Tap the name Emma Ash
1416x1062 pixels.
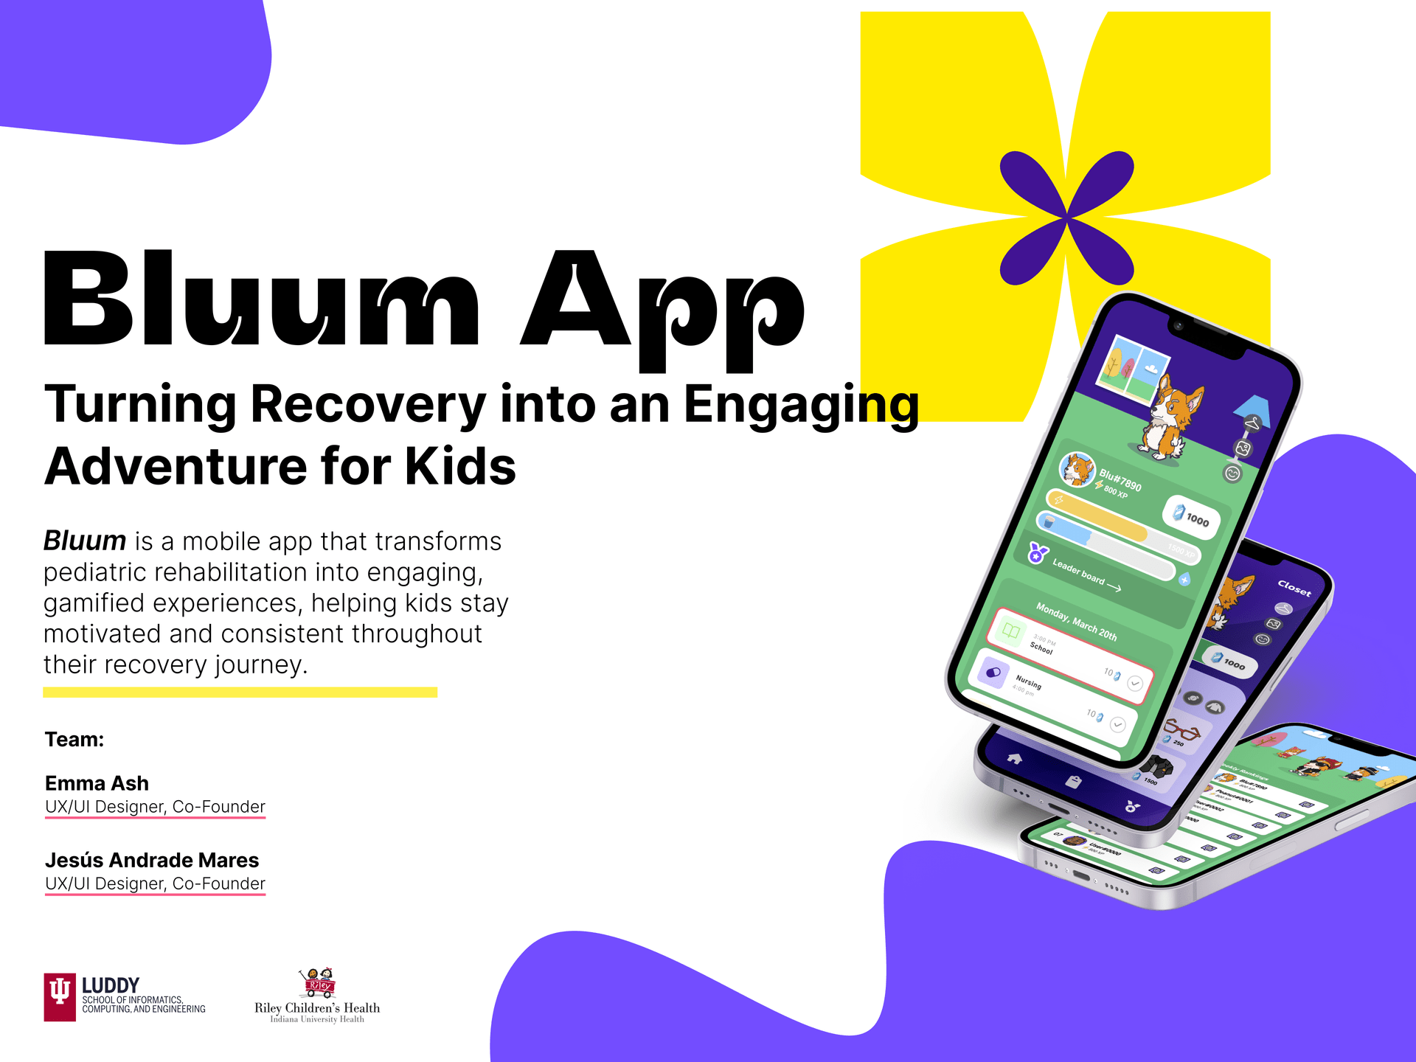click(97, 783)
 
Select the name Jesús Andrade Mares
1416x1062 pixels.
click(152, 860)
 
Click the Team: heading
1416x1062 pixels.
click(74, 740)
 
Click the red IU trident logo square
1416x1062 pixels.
click(60, 997)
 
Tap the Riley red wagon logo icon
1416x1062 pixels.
click(319, 982)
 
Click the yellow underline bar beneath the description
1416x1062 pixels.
click(240, 693)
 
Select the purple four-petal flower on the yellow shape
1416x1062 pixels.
click(1066, 218)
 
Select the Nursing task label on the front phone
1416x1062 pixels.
click(1028, 681)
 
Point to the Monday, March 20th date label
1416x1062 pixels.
click(1076, 622)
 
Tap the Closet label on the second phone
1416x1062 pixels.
click(1294, 588)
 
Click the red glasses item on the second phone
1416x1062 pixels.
click(1181, 731)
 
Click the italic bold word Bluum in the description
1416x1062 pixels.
click(85, 541)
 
